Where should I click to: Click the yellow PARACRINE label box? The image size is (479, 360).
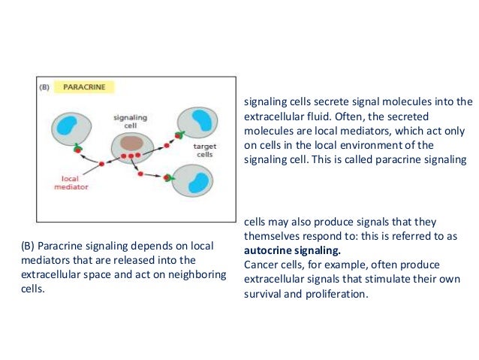[89, 87]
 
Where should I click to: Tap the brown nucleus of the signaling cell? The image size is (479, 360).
[132, 143]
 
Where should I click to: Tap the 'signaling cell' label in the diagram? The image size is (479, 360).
[129, 121]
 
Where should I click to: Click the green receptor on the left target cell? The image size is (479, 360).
[77, 149]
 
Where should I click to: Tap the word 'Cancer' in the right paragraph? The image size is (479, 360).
[262, 265]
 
